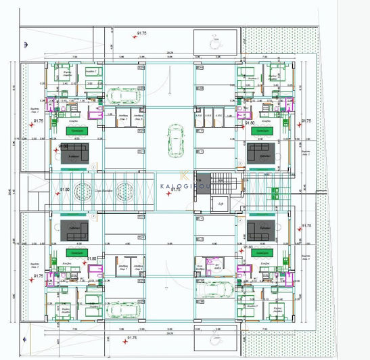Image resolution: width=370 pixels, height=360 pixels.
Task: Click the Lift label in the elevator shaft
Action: (218, 204)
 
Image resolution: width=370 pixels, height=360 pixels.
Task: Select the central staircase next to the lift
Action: (220, 183)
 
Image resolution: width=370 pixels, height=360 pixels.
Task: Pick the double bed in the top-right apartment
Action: (274, 74)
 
